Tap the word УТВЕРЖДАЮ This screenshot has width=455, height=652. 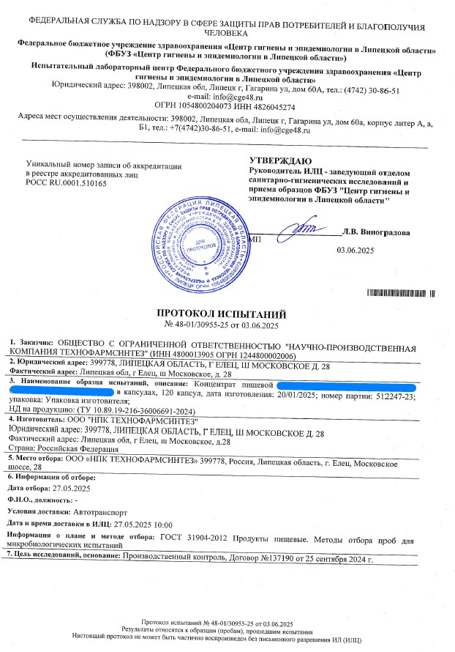point(281,160)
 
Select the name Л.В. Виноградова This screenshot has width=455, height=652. point(376,233)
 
